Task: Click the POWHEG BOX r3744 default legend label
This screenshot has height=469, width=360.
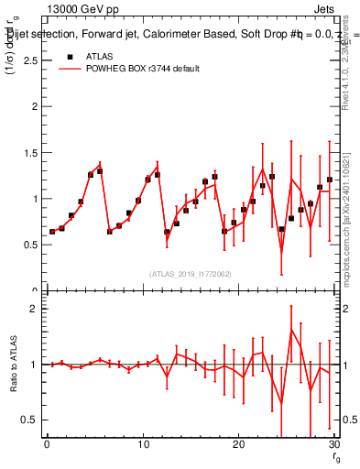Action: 145,69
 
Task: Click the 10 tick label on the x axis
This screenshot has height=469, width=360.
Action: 142,444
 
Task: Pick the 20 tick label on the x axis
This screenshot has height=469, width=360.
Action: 239,444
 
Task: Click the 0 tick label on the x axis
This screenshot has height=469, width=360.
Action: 46,444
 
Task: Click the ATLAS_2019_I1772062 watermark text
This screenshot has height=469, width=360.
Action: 191,274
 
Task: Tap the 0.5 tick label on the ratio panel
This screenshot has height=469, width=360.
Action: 30,420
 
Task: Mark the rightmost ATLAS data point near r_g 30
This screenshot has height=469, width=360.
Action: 330,180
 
